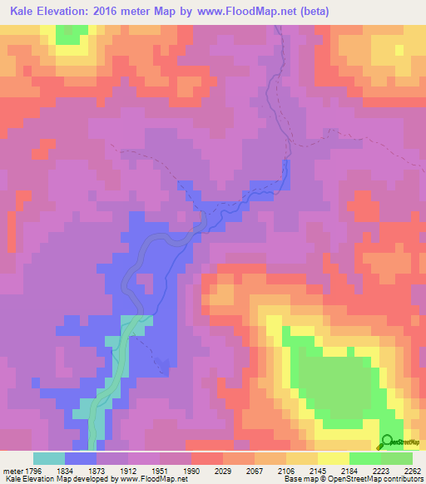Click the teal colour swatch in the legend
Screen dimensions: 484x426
click(49, 458)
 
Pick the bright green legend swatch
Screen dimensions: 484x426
click(364, 458)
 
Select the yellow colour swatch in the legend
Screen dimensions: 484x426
click(333, 458)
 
